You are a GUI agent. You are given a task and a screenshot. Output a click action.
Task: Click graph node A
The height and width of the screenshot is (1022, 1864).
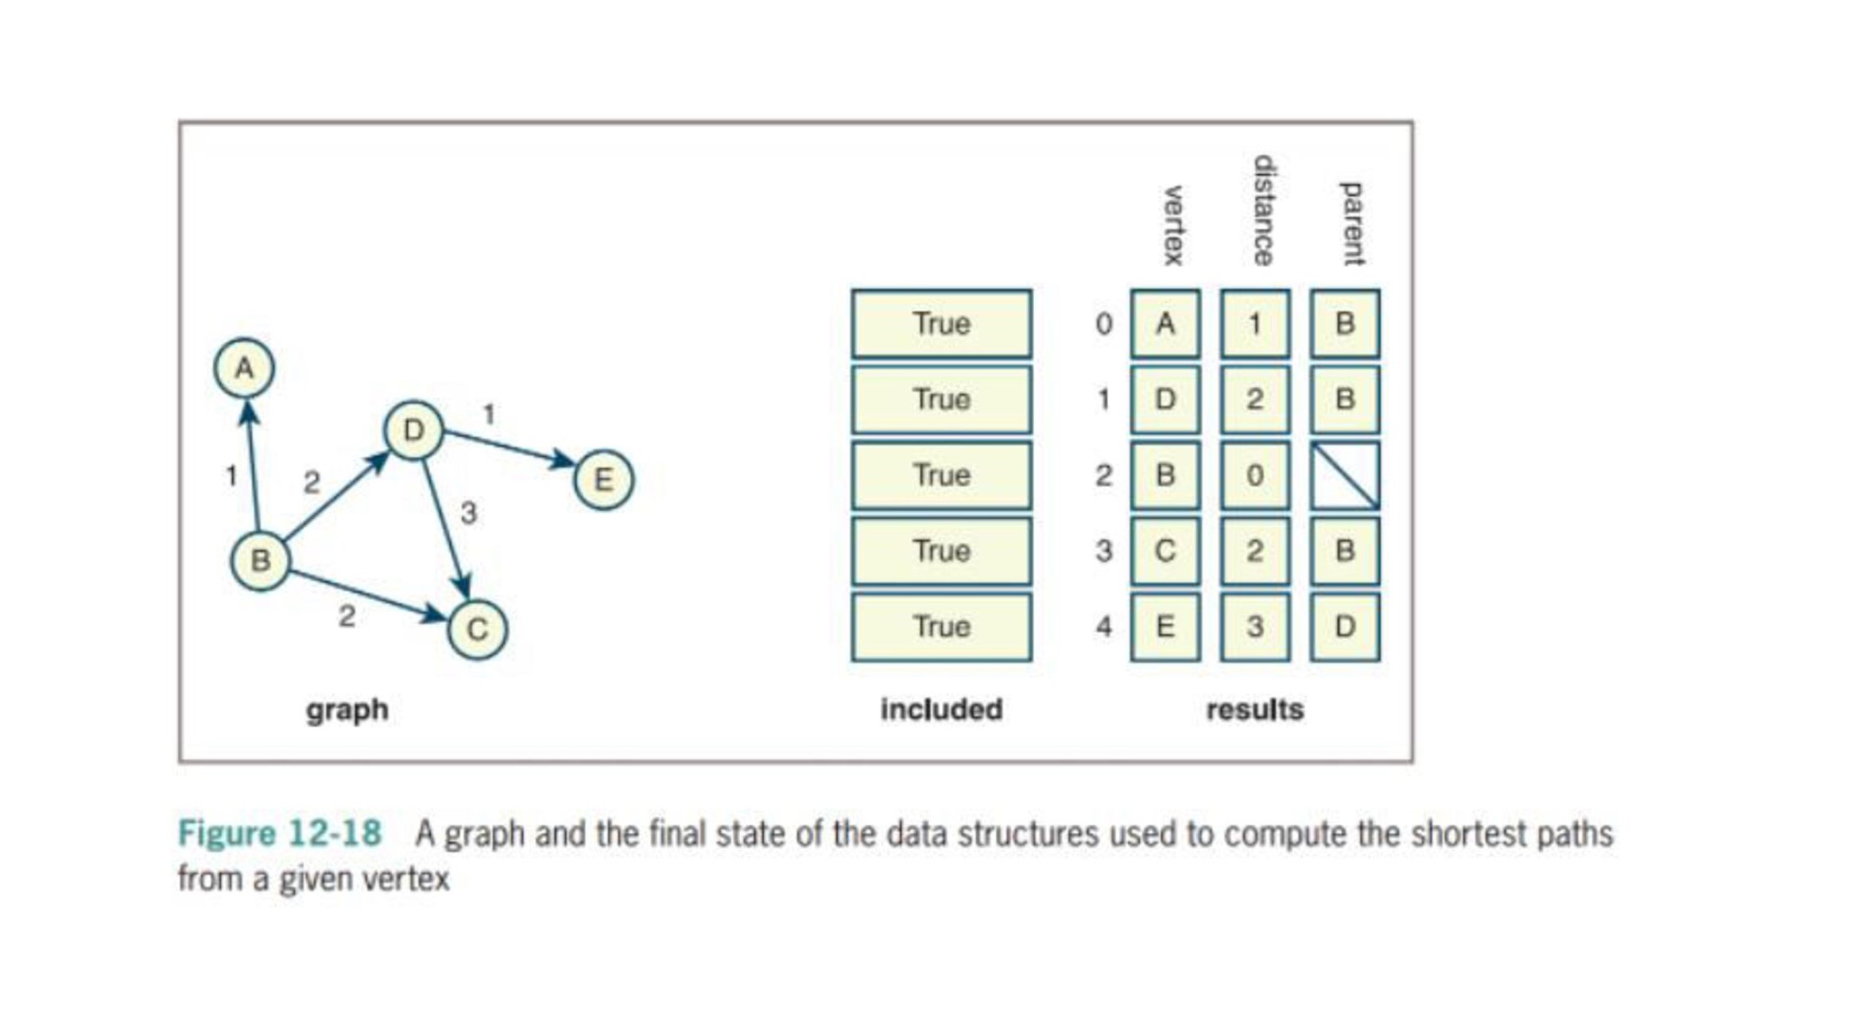(244, 369)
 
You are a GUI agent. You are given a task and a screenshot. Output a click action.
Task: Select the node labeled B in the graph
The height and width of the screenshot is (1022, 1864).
(260, 561)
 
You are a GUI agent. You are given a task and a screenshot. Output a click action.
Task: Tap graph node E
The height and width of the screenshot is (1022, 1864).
(603, 480)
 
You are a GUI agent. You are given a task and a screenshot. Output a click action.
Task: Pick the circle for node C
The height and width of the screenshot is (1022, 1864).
(477, 629)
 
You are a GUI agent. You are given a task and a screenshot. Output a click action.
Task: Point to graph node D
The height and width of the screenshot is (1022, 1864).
(413, 431)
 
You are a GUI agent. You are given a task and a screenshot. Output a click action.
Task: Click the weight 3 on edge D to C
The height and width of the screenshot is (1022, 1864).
(469, 513)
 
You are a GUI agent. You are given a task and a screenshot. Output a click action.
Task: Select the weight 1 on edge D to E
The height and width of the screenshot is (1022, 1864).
(490, 414)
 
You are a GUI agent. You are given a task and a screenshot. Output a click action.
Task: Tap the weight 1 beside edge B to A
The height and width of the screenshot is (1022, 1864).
(231, 476)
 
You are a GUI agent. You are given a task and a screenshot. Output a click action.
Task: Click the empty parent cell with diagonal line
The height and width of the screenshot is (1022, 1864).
(1345, 475)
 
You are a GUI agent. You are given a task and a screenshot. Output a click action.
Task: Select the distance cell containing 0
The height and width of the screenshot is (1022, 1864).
(1255, 475)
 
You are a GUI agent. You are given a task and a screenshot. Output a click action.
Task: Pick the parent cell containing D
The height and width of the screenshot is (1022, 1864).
(1345, 627)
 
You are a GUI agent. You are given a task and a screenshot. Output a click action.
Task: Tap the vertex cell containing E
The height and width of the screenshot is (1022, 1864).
(1165, 627)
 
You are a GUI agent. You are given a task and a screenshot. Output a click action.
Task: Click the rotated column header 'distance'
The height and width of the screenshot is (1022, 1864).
(1263, 211)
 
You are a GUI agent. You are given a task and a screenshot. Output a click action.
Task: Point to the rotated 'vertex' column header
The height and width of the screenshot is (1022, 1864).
(1173, 226)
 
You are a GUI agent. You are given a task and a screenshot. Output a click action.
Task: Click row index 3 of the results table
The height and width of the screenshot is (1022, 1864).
(1104, 551)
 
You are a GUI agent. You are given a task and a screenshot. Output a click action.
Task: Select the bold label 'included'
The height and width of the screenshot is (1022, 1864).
(941, 709)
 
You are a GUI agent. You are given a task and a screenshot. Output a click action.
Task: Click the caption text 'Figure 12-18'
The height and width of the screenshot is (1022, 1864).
(280, 834)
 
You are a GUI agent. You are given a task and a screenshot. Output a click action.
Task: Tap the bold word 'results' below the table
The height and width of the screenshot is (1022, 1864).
(1255, 709)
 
